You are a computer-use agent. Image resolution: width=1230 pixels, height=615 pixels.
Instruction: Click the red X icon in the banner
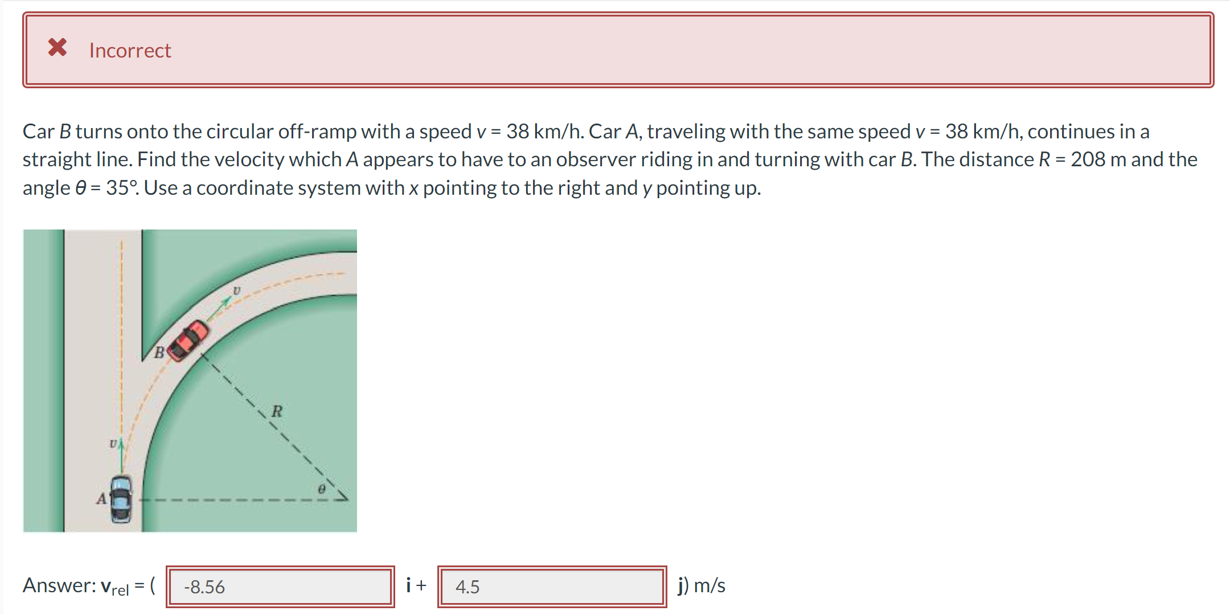[58, 47]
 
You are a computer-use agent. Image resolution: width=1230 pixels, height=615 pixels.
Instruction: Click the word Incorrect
[130, 51]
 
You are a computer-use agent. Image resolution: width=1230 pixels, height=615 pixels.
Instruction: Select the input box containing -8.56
[280, 587]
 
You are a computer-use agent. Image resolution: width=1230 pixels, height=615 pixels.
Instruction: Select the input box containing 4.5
[552, 587]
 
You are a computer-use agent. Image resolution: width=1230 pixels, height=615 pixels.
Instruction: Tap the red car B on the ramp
[188, 341]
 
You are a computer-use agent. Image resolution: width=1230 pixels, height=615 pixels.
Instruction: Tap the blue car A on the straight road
[121, 499]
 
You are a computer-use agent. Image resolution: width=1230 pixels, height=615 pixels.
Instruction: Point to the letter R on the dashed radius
[277, 411]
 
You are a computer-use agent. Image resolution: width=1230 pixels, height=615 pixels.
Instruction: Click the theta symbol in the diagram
[322, 489]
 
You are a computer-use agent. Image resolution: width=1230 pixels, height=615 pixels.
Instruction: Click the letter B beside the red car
[159, 353]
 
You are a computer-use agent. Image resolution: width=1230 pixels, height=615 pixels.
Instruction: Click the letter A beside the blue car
[101, 499]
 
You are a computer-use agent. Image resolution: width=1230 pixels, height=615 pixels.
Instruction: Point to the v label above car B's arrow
[236, 290]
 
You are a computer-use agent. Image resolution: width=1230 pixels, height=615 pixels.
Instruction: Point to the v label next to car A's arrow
[113, 442]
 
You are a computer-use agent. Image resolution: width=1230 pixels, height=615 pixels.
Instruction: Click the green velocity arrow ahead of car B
[220, 307]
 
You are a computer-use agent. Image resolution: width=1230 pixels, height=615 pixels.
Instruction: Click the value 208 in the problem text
[1088, 159]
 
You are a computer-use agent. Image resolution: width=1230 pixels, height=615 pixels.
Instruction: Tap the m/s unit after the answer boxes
[710, 585]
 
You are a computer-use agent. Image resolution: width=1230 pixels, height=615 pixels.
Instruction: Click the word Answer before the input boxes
[58, 585]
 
